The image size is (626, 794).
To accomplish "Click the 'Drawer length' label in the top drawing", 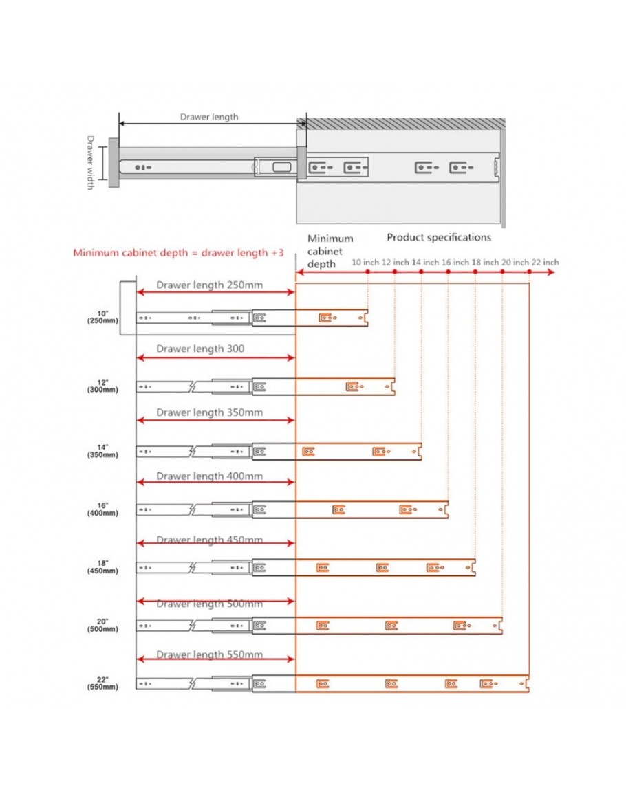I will (209, 117).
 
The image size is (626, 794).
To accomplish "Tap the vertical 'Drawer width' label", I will (90, 163).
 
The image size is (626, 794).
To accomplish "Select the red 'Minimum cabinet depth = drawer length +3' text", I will (178, 252).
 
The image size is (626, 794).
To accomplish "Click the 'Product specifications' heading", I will (439, 237).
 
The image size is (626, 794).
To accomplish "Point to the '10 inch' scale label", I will (366, 262).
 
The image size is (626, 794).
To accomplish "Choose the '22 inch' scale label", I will (545, 262).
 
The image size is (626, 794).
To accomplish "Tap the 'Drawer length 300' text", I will (200, 349).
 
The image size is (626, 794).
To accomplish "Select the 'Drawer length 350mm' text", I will (209, 412).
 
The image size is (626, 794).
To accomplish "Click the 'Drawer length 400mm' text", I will (209, 476).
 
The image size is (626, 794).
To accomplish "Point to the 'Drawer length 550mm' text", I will (209, 655).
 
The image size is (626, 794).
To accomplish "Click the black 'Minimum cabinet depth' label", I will (330, 251).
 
